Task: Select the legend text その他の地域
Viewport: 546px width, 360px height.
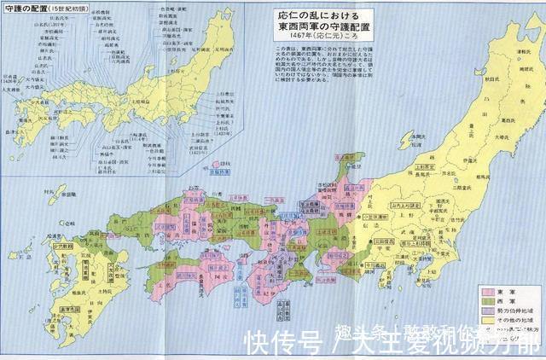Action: [x=515, y=324]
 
